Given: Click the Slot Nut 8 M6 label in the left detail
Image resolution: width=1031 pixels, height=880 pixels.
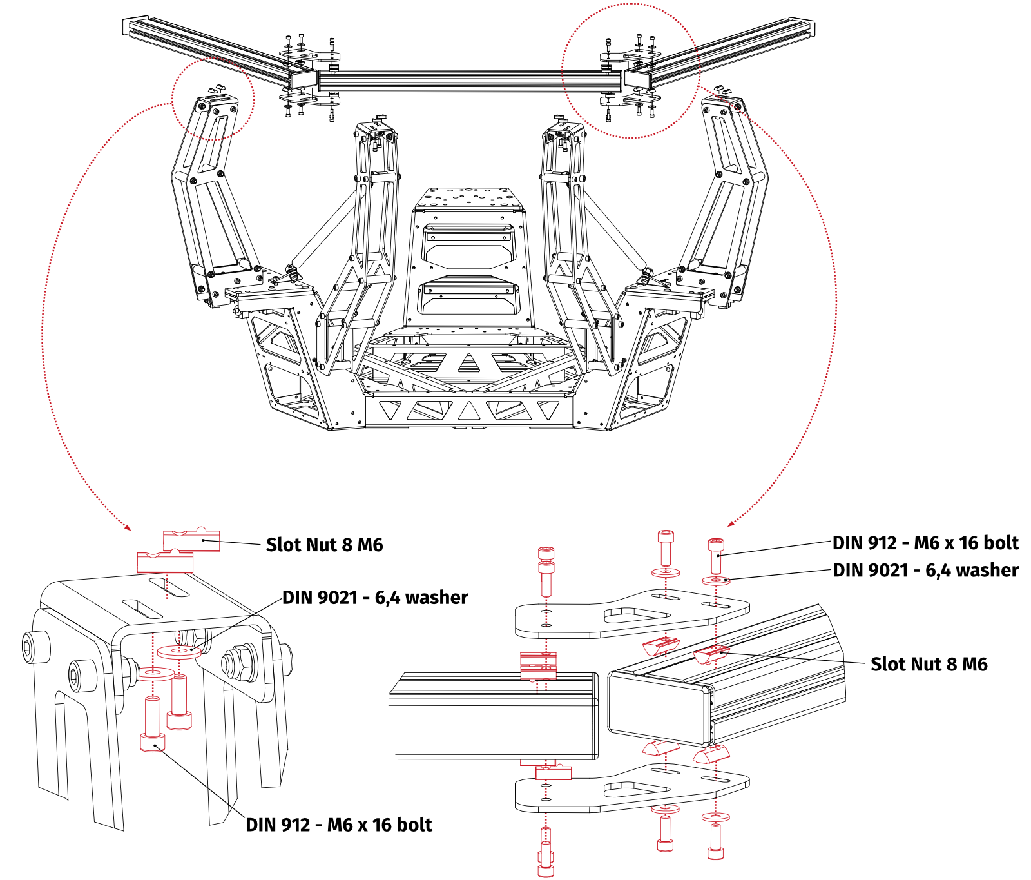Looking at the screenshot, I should coord(324,545).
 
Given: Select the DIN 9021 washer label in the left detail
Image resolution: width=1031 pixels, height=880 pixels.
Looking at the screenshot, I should coord(375,598).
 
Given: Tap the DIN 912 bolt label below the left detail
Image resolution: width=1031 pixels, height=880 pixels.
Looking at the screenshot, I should coord(339,825).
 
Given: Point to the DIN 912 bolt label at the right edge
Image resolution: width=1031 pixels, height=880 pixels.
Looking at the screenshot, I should coord(925,543).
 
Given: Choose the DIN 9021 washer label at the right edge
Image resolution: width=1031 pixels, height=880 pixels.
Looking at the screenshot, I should coord(925,571).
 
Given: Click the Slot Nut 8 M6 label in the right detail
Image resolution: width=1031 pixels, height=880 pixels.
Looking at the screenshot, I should coord(929,664).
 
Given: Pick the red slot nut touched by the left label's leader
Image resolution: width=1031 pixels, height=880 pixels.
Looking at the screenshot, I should coord(192,540).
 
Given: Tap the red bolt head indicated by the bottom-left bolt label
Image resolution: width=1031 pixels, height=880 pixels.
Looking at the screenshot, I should coord(152,743).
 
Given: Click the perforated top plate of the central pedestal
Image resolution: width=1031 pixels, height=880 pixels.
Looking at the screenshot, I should coord(468,197).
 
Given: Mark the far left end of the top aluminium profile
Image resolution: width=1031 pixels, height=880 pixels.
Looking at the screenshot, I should coord(125,26).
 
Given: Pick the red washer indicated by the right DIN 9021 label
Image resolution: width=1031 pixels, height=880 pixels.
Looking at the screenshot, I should coord(716,580).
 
